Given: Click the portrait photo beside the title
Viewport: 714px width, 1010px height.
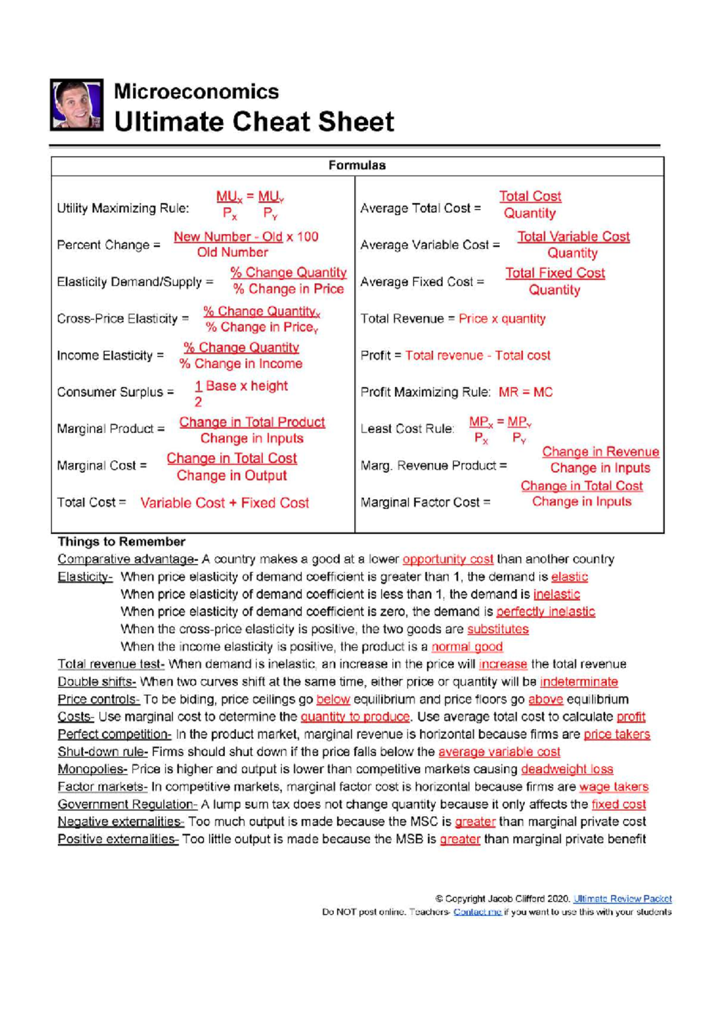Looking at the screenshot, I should (x=77, y=105).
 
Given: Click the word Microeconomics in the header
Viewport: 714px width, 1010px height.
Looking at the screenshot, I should (x=196, y=92).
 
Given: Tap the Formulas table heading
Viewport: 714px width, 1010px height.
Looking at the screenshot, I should (x=357, y=165).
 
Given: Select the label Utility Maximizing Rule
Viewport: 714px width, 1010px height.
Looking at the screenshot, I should (x=123, y=208).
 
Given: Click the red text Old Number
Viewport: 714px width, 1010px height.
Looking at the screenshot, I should (x=233, y=252).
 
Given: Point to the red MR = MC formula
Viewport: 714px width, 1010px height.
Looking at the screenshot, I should (x=525, y=392).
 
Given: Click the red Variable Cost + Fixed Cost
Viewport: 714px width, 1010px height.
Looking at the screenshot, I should (x=224, y=503).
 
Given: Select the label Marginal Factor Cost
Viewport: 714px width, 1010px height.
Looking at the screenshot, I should (x=425, y=503).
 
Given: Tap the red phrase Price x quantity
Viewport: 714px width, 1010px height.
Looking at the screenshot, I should (x=502, y=319).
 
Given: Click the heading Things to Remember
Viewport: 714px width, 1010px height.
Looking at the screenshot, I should (x=121, y=541).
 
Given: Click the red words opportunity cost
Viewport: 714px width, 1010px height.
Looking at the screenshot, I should (x=447, y=559).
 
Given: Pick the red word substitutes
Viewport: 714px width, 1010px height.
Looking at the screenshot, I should (x=497, y=629).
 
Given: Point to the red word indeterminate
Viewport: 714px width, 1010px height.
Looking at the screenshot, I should (x=578, y=682).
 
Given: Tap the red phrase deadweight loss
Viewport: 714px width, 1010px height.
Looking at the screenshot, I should (x=566, y=769).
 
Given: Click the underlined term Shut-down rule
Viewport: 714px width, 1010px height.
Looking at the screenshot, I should (x=102, y=752).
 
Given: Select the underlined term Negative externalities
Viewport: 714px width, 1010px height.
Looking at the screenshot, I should (x=120, y=821).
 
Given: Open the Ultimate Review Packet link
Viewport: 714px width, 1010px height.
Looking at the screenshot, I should (x=622, y=899).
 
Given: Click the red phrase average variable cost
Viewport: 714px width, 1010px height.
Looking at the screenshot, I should (x=499, y=752).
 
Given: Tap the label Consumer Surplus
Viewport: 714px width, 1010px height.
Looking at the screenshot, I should (x=115, y=392).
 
